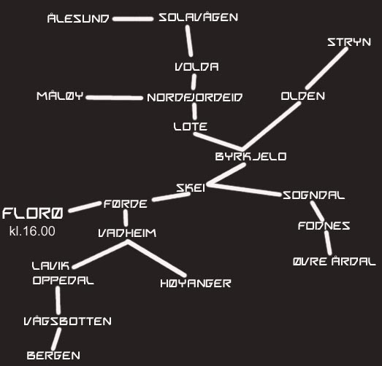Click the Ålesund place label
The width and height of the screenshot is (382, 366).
tap(78, 18)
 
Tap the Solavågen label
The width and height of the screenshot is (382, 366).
tap(199, 17)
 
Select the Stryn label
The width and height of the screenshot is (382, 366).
tap(349, 42)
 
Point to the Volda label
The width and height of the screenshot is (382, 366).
tap(196, 67)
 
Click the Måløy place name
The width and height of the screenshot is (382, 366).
tap(60, 96)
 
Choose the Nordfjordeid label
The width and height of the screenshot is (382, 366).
tap(195, 97)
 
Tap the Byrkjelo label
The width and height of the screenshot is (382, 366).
tap(251, 156)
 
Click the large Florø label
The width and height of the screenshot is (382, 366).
tap(33, 214)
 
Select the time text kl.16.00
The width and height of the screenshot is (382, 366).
tap(32, 231)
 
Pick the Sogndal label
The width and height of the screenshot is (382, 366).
tap(313, 195)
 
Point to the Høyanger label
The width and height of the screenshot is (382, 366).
tap(196, 284)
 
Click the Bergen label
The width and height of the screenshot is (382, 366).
tap(53, 356)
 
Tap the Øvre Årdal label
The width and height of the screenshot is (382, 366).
tap(335, 261)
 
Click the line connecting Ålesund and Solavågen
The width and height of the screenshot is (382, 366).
tap(133, 19)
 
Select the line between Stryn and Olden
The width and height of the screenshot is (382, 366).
tap(327, 69)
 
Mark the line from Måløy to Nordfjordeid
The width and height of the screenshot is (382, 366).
tap(115, 98)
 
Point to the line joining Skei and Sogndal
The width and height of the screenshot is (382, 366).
tap(245, 190)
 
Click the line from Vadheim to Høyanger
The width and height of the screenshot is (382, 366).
tap(156, 259)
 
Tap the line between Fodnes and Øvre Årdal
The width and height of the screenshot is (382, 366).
tap(328, 243)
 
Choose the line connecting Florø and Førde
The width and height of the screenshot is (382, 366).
tap(85, 207)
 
